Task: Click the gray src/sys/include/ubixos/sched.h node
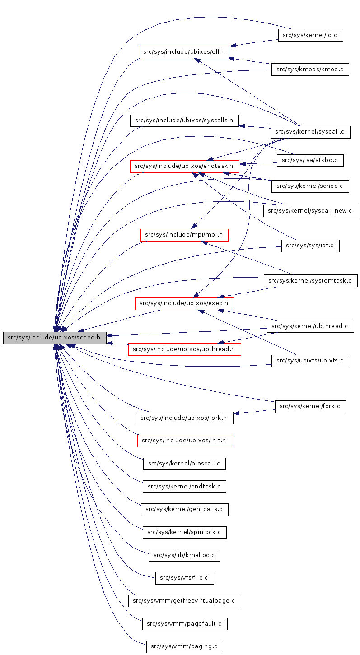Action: click(x=54, y=338)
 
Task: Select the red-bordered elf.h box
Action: click(x=184, y=51)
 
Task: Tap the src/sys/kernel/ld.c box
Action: click(x=310, y=35)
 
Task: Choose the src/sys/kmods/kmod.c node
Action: click(x=310, y=69)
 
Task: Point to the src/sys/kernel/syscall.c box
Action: click(x=310, y=132)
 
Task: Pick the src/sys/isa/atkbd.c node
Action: click(x=310, y=160)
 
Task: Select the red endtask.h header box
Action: click(x=184, y=166)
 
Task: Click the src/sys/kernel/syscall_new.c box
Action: click(x=310, y=210)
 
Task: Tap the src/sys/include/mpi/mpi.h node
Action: click(x=184, y=235)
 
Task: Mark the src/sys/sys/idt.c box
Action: click(x=310, y=246)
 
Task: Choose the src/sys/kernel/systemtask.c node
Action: click(x=310, y=280)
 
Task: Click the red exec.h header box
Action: click(x=184, y=303)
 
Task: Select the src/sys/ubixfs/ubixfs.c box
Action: click(x=310, y=360)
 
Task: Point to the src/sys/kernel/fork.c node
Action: click(x=310, y=406)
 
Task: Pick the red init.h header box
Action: click(x=184, y=441)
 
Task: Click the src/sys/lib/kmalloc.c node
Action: click(x=184, y=555)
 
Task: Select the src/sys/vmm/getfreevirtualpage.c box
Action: click(x=184, y=601)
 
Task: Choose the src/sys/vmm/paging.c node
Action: click(x=184, y=646)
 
